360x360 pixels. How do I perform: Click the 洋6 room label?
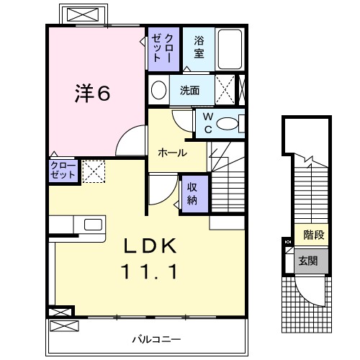click(x=93, y=93)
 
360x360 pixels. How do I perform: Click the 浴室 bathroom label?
click(x=199, y=48)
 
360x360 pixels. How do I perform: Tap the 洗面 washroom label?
click(x=190, y=90)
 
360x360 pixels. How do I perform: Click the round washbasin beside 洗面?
click(x=158, y=90)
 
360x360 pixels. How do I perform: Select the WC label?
click(x=207, y=123)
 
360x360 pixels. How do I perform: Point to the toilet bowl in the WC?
click(x=230, y=124)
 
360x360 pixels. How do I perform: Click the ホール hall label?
click(x=172, y=153)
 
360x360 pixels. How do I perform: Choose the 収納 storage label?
click(x=193, y=192)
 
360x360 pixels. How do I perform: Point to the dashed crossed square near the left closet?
click(x=93, y=171)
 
